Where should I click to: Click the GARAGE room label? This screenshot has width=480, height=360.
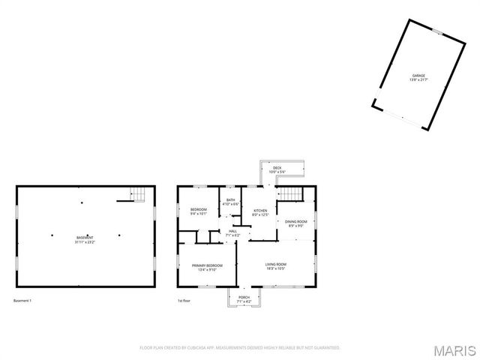click(x=418, y=76)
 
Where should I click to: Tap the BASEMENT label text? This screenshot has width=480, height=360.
click(x=85, y=238)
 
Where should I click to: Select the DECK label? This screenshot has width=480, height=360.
click(x=277, y=168)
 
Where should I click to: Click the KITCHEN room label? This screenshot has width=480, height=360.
click(x=260, y=211)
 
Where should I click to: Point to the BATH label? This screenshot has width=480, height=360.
click(x=231, y=200)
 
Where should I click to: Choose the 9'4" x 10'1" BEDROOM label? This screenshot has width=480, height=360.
click(x=198, y=209)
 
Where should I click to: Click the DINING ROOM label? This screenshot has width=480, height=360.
click(x=296, y=221)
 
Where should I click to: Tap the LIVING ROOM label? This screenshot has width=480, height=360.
click(x=276, y=264)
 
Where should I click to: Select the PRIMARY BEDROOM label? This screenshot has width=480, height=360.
click(x=206, y=265)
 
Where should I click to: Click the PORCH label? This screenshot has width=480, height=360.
click(x=244, y=297)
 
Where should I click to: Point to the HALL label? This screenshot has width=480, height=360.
click(x=233, y=231)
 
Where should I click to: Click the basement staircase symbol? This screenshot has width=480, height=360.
click(x=138, y=194)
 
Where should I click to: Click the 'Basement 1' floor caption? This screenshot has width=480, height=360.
click(x=23, y=301)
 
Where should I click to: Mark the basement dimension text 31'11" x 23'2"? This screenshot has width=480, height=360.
click(x=85, y=242)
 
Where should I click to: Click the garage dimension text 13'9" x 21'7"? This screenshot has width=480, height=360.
click(x=418, y=80)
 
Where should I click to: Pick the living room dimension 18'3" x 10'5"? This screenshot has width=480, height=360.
click(x=276, y=268)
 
